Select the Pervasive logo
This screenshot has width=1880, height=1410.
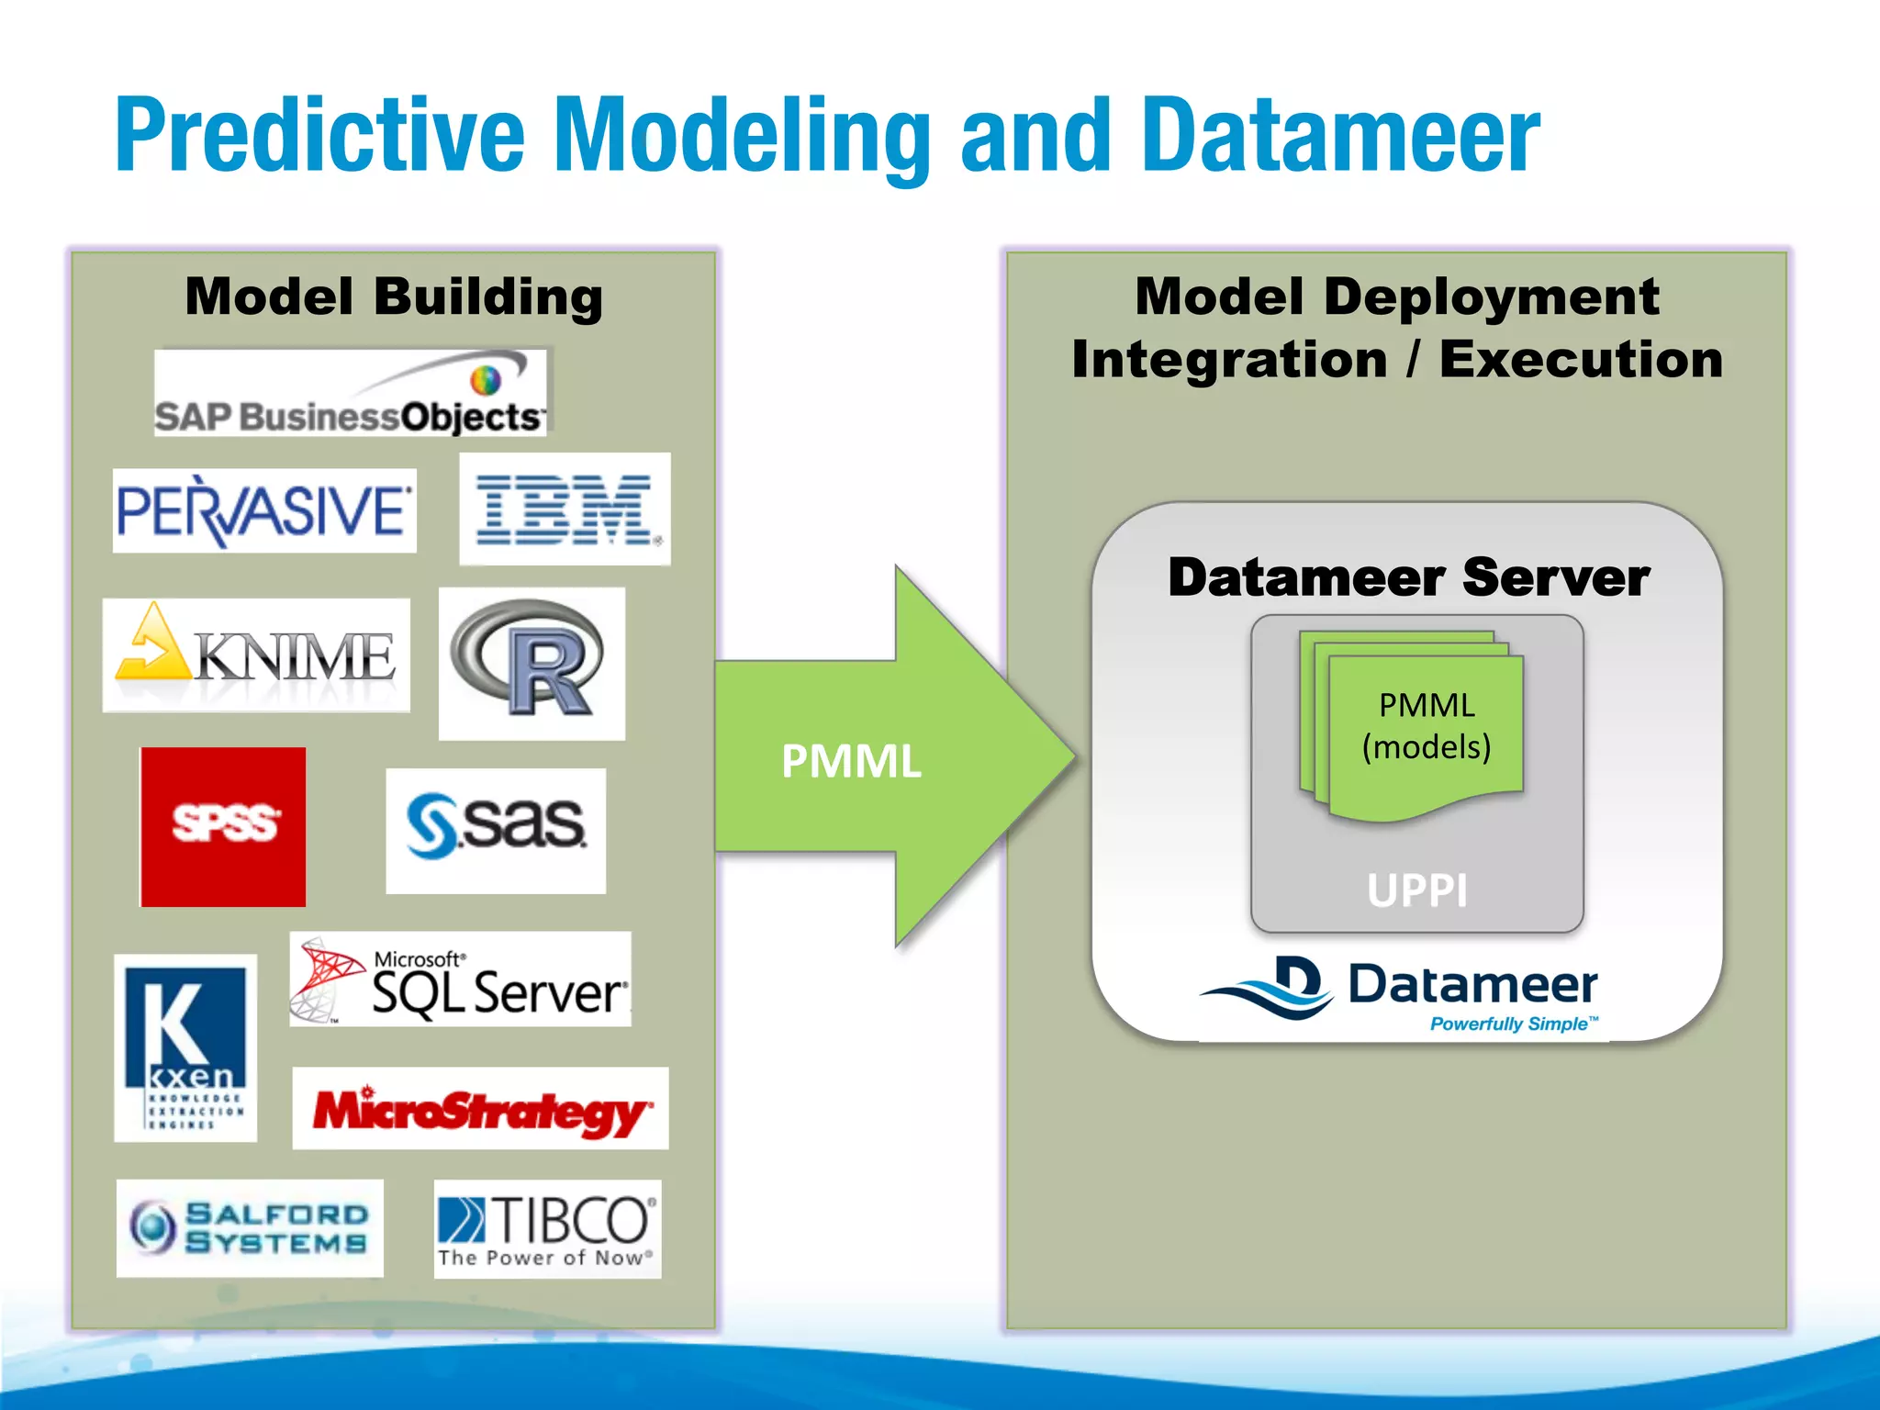tap(264, 510)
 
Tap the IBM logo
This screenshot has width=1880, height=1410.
tap(565, 509)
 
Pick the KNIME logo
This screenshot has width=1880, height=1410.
tap(256, 655)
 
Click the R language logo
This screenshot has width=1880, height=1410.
tap(532, 664)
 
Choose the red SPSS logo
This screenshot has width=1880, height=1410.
tap(223, 826)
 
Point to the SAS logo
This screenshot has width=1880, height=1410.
tap(496, 830)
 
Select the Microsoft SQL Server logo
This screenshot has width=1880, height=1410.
tap(460, 979)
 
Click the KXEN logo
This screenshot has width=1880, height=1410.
tap(185, 1047)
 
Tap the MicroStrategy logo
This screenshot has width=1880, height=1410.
tap(480, 1108)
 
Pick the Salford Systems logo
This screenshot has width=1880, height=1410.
tap(250, 1227)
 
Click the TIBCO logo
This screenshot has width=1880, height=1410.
tap(547, 1229)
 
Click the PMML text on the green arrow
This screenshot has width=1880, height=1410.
tap(851, 761)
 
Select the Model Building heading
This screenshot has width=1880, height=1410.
tap(394, 297)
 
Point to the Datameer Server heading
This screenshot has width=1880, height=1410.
tap(1408, 577)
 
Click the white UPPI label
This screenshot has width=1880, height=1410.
tap(1416, 890)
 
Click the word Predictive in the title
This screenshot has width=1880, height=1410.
tap(319, 136)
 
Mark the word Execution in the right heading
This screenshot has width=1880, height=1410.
tap(1581, 359)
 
